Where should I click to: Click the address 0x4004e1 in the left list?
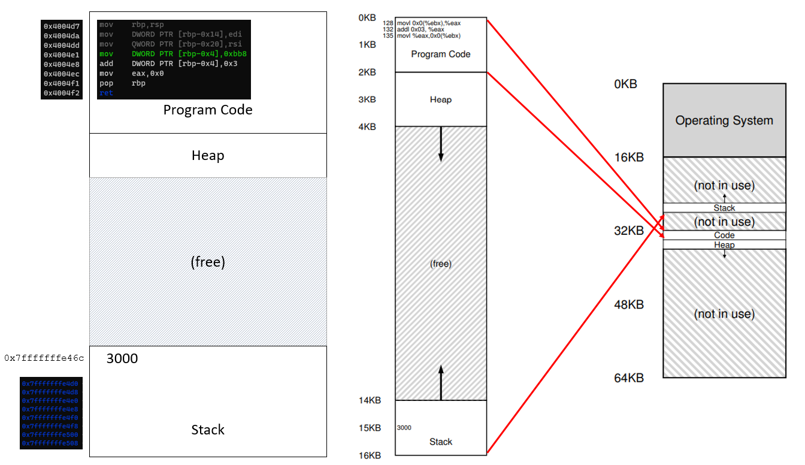pos(61,55)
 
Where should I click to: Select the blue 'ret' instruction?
pos(106,93)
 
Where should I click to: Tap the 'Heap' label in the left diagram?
pos(208,156)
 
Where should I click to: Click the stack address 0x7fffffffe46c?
pos(44,358)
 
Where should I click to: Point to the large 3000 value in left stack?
pos(122,359)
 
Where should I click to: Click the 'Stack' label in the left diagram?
pos(208,430)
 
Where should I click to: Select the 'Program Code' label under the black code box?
pos(208,110)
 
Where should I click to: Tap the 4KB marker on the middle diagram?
pos(367,126)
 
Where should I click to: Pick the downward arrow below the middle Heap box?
pos(441,144)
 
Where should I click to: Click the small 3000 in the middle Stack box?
pos(404,427)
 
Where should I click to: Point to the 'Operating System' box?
pos(724,120)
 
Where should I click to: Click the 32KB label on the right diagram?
pos(629,231)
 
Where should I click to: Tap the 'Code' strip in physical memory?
pos(724,235)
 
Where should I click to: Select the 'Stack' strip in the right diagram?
pos(724,208)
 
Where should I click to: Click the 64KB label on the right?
pos(629,378)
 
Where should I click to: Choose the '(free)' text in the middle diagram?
pos(441,264)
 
